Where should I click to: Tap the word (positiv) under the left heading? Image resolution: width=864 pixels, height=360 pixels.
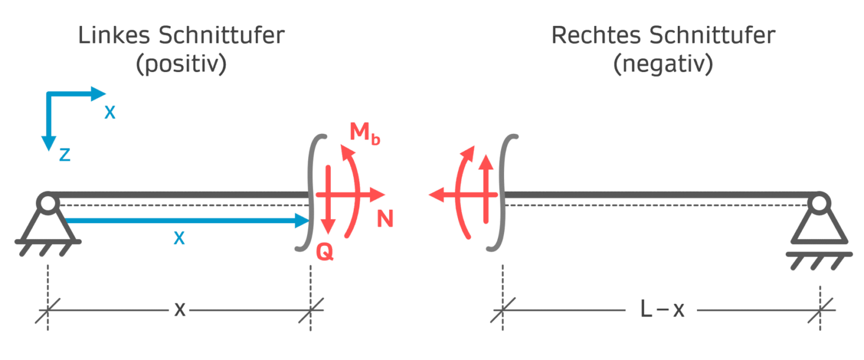click(x=181, y=65)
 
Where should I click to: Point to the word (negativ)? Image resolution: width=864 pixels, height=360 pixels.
click(x=663, y=65)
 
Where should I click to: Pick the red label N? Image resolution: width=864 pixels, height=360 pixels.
click(x=385, y=219)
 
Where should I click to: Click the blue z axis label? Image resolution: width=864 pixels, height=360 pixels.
click(x=65, y=155)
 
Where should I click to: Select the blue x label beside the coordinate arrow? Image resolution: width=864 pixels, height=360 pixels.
click(x=110, y=113)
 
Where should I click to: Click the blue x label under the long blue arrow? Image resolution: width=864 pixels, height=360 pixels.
click(x=179, y=238)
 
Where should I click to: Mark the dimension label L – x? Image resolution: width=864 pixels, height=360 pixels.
click(x=663, y=309)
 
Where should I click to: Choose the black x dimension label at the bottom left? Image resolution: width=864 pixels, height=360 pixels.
click(x=179, y=309)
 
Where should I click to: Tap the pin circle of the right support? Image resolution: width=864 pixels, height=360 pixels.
click(x=819, y=202)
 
